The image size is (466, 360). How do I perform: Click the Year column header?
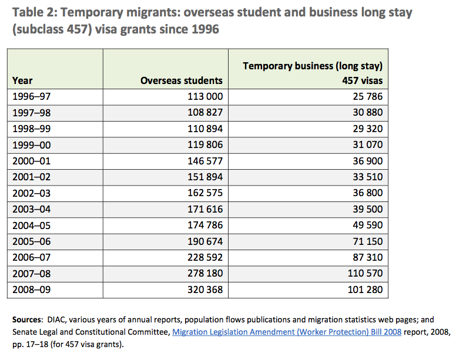[x=22, y=80]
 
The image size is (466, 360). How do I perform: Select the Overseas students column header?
[x=182, y=80]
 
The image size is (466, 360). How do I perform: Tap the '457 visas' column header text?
[x=362, y=80]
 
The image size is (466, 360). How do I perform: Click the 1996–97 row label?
[x=32, y=96]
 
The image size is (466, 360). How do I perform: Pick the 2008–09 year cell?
[x=32, y=290]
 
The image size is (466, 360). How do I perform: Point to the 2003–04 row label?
[x=32, y=209]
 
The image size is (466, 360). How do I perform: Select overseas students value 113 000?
[x=205, y=96]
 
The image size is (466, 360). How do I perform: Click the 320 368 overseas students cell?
[x=205, y=290]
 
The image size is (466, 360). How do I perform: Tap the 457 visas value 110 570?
[x=366, y=273]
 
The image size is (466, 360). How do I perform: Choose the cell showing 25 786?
[x=368, y=96]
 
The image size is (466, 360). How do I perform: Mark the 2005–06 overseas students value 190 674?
[x=205, y=241]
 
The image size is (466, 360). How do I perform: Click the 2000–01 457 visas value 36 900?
[x=368, y=161]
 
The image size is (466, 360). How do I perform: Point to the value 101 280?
[x=366, y=290]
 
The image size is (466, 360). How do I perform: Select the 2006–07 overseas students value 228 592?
[x=205, y=257]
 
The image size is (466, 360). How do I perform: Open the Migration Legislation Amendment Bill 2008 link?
[x=287, y=332]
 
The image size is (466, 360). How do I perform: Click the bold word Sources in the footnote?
[x=28, y=319]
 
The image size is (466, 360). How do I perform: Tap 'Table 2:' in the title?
[x=35, y=12]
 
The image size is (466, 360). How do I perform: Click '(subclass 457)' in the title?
[x=52, y=29]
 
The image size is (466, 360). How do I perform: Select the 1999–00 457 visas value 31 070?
[x=368, y=144]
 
